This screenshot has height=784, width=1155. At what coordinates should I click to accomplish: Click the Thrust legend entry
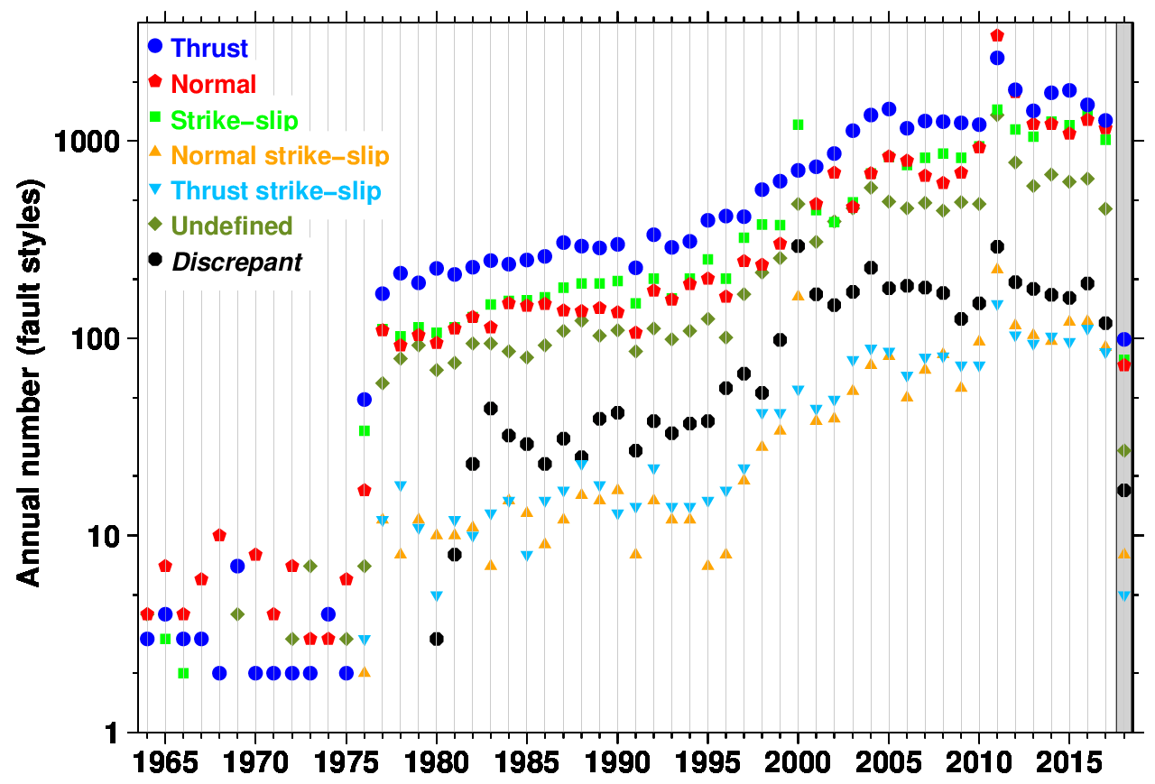[x=208, y=48]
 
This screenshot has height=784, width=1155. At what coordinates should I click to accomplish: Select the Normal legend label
[x=213, y=84]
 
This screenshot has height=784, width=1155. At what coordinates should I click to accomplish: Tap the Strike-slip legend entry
[x=234, y=120]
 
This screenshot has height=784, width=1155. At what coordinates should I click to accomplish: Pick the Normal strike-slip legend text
[x=280, y=155]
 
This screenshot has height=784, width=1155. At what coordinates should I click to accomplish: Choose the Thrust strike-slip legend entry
[x=275, y=190]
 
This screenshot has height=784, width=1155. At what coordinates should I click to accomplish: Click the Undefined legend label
[x=231, y=226]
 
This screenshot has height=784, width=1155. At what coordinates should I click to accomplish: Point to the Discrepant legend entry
[x=236, y=262]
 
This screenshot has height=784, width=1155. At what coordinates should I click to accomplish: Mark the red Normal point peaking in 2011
[x=997, y=35]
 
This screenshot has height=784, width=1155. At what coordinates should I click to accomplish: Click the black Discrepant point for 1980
[x=437, y=639]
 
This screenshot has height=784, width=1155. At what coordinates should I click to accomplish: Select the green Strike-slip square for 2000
[x=798, y=125]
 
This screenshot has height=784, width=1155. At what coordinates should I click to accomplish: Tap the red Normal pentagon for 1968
[x=219, y=535]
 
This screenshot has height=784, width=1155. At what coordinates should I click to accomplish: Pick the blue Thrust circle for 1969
[x=237, y=566]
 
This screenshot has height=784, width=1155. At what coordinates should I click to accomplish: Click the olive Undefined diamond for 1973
[x=310, y=566]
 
